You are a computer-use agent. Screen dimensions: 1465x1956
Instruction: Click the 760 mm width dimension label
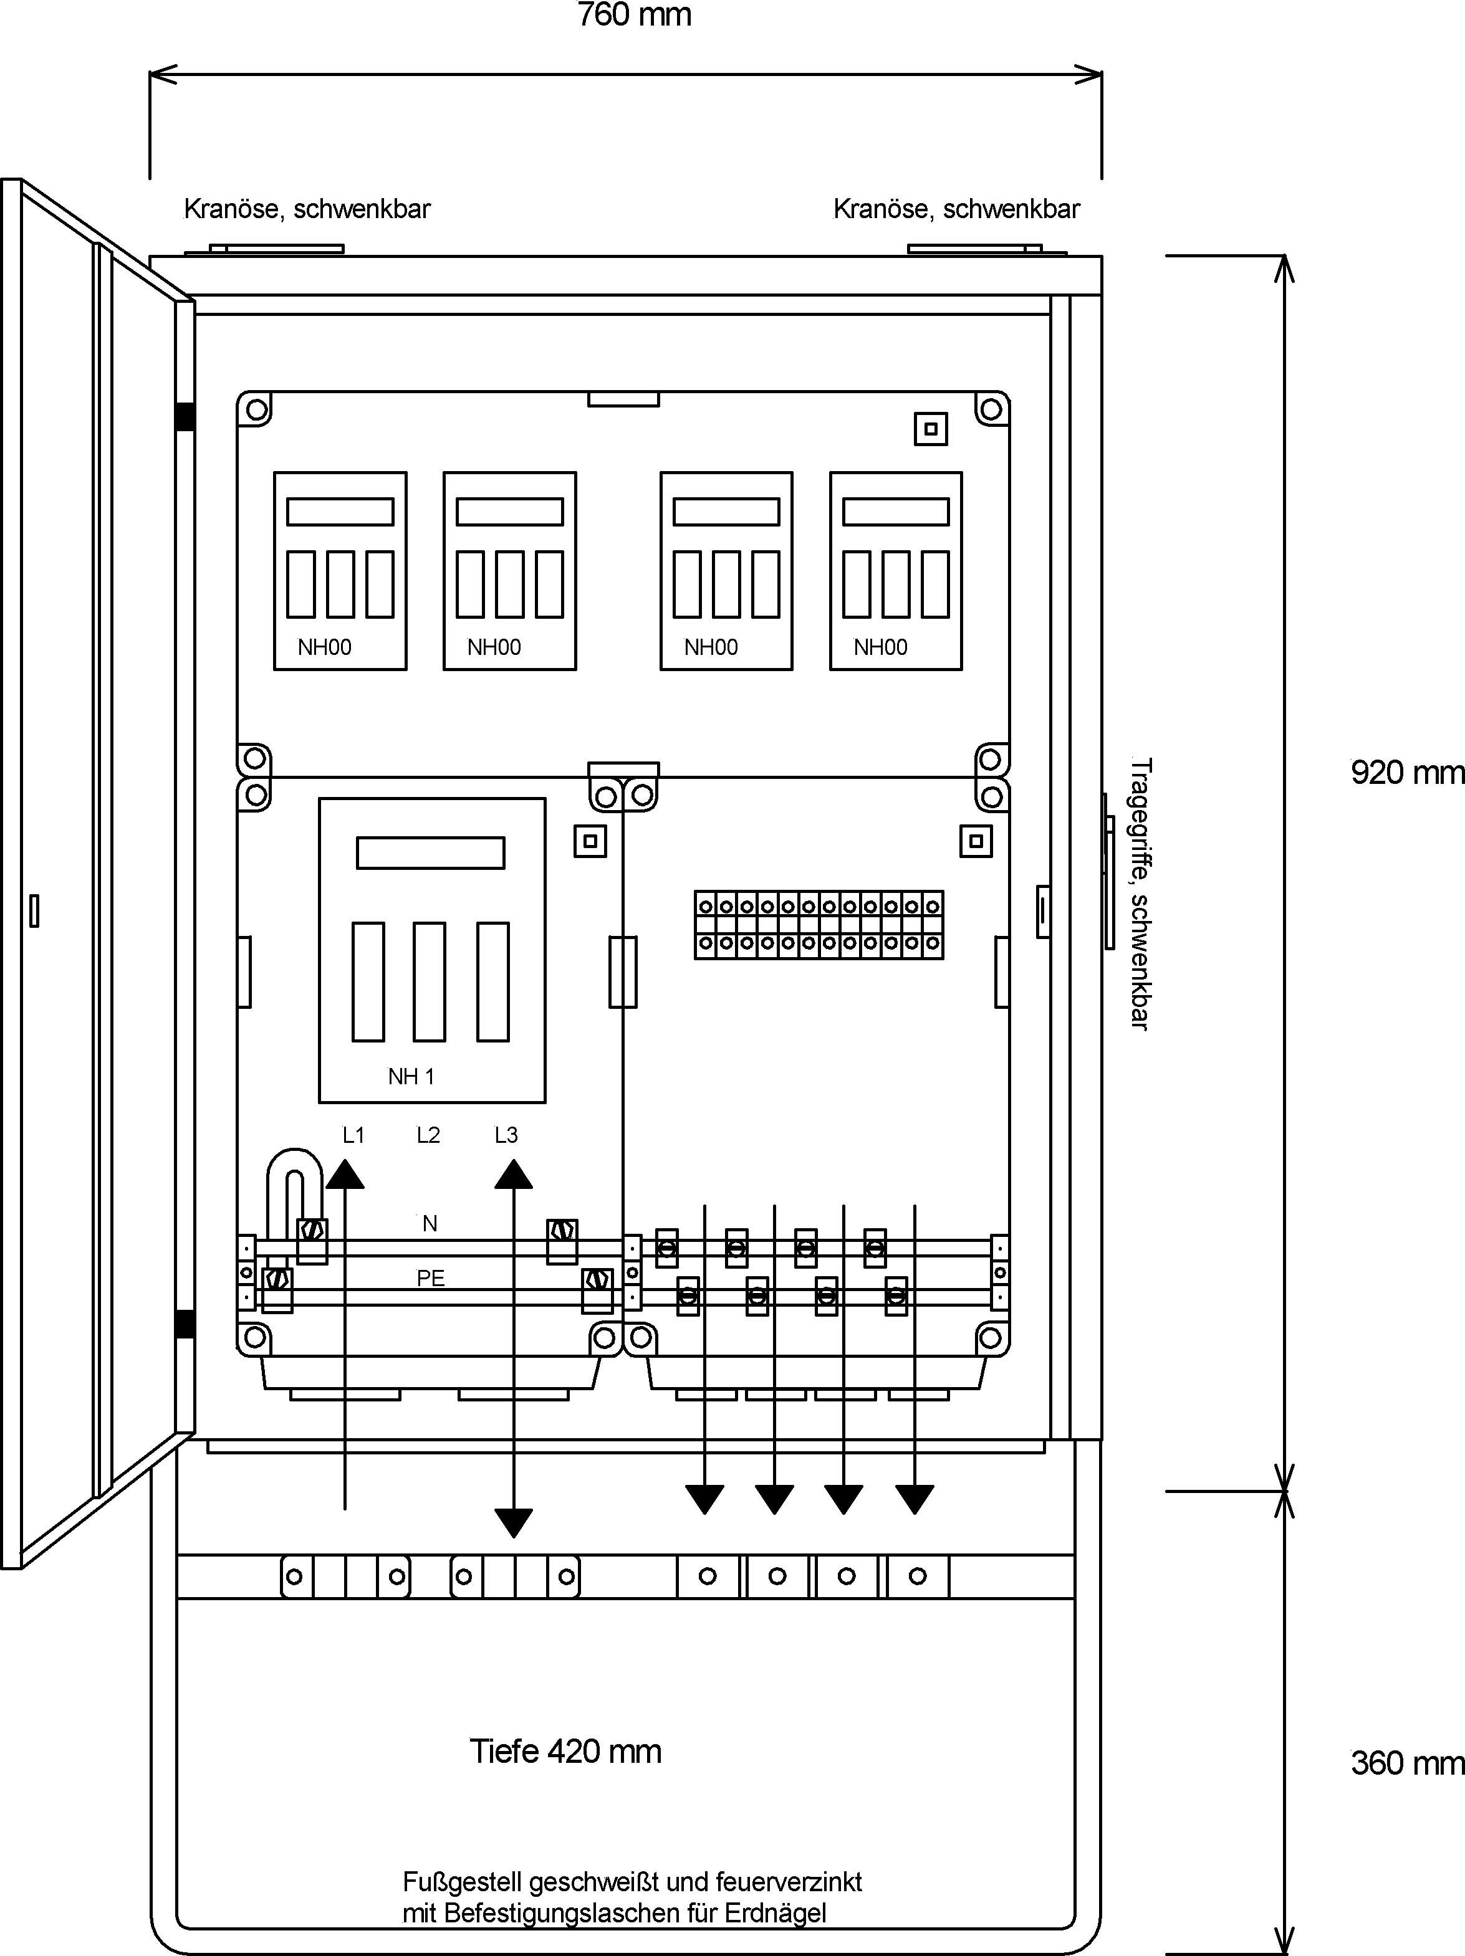click(x=634, y=15)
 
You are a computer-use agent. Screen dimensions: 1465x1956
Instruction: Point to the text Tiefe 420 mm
click(x=565, y=1752)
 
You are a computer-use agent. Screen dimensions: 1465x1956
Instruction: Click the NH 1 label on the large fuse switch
click(x=411, y=1076)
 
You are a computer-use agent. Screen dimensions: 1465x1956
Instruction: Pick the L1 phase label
click(x=354, y=1135)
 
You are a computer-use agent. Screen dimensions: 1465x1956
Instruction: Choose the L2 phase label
click(x=428, y=1135)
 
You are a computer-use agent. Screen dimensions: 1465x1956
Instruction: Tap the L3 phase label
click(x=506, y=1135)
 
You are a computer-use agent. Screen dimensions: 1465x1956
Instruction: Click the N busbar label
click(x=430, y=1223)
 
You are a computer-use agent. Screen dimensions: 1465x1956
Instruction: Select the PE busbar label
click(x=431, y=1278)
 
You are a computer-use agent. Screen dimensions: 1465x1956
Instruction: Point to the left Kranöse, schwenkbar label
click(x=307, y=209)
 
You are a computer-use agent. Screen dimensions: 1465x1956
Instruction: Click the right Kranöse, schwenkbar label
click(x=956, y=209)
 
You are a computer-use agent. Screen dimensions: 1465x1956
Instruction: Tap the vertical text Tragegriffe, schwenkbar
click(x=1141, y=893)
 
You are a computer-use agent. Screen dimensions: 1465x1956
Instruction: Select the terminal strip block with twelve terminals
click(x=819, y=925)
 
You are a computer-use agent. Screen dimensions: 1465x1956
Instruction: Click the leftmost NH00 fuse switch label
click(x=325, y=647)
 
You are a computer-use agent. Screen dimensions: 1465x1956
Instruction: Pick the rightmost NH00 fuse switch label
click(x=880, y=647)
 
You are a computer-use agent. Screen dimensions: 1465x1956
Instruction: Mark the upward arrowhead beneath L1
click(x=345, y=1175)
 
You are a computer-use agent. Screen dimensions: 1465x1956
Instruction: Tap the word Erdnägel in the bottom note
click(x=775, y=1914)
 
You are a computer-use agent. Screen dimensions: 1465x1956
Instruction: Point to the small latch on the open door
click(x=34, y=911)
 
